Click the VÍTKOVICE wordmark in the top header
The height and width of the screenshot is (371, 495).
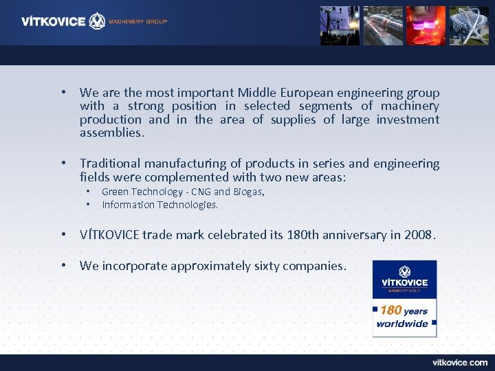(54, 21)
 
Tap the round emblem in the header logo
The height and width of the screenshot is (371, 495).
(98, 21)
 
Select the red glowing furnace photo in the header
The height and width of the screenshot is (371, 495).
(426, 25)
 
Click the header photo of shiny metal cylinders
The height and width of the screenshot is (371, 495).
(383, 25)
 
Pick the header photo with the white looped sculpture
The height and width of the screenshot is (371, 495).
(468, 25)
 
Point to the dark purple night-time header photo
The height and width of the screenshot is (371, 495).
(340, 25)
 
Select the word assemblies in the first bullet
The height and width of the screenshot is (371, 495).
(111, 133)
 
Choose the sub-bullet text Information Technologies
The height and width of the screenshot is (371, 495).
(159, 205)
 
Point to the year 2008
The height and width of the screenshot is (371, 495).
(419, 235)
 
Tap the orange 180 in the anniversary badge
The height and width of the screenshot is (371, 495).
(390, 311)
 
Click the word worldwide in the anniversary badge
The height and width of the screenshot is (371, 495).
(403, 324)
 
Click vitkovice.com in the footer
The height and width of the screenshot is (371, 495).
(459, 362)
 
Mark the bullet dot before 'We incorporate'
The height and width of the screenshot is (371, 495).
(63, 266)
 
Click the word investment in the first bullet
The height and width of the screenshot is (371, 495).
(408, 120)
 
